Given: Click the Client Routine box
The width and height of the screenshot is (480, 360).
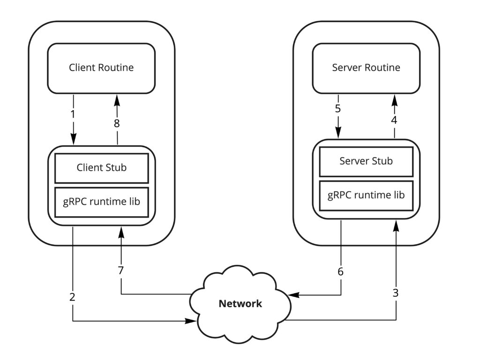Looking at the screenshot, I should point(101,67).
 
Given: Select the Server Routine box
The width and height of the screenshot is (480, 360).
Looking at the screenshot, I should point(366,67).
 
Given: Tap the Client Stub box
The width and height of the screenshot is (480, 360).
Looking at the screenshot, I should point(102,167).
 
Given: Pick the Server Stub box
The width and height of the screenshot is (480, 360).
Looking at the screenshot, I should point(366,161).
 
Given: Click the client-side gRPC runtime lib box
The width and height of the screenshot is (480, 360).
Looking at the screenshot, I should point(102,202).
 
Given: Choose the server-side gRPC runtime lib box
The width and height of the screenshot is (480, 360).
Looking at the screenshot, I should point(366,195).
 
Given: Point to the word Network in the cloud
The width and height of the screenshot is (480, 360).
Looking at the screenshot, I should point(240,304).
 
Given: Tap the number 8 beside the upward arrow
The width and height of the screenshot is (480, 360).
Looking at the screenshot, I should point(117,123).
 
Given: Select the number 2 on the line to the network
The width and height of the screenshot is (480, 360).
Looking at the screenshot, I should point(72,297).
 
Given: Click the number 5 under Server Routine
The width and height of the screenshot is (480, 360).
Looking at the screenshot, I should point(338,109).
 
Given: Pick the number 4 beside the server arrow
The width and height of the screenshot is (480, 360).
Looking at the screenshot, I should point(394,120).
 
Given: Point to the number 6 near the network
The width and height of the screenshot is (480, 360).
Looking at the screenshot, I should point(341,271).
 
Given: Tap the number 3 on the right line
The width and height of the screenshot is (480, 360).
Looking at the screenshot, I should point(396,293).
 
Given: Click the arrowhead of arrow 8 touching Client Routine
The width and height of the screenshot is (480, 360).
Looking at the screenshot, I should point(117,98).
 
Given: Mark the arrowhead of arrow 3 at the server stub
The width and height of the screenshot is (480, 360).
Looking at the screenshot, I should point(396,226).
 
